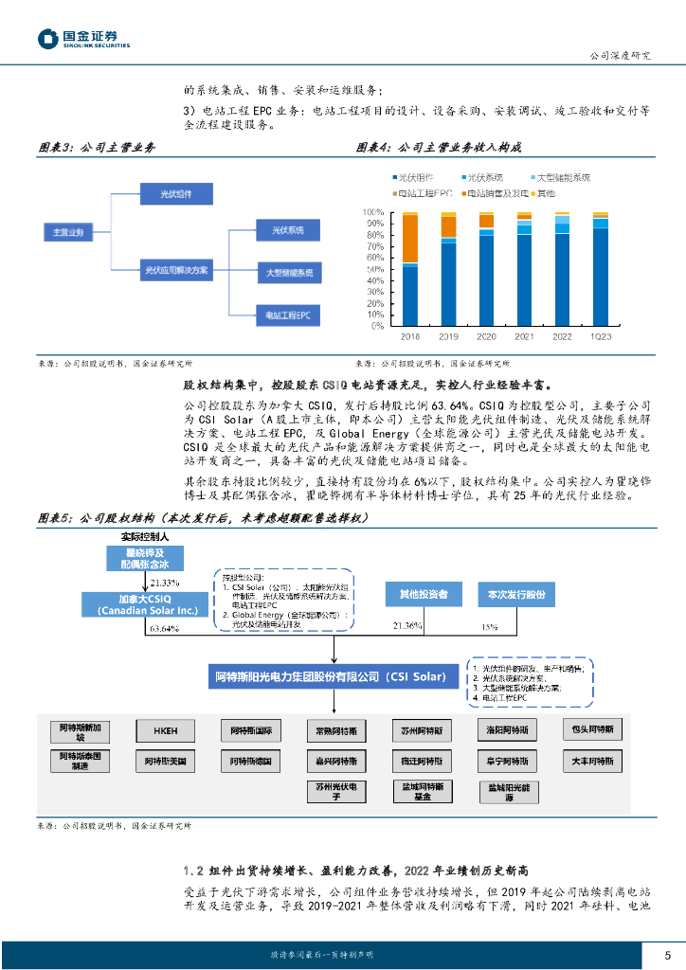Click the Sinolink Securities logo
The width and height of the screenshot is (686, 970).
click(x=83, y=39)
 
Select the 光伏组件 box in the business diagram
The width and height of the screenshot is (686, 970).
click(x=174, y=194)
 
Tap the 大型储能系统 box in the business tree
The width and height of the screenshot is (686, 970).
click(x=289, y=273)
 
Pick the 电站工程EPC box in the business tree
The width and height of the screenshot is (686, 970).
click(x=289, y=314)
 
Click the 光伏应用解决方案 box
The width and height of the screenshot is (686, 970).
click(x=174, y=270)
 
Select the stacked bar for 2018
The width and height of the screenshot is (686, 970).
click(x=410, y=269)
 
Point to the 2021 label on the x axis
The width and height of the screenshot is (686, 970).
click(x=524, y=337)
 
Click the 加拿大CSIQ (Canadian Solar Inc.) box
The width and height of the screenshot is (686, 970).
click(x=140, y=606)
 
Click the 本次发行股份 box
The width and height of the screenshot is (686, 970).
click(x=515, y=594)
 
